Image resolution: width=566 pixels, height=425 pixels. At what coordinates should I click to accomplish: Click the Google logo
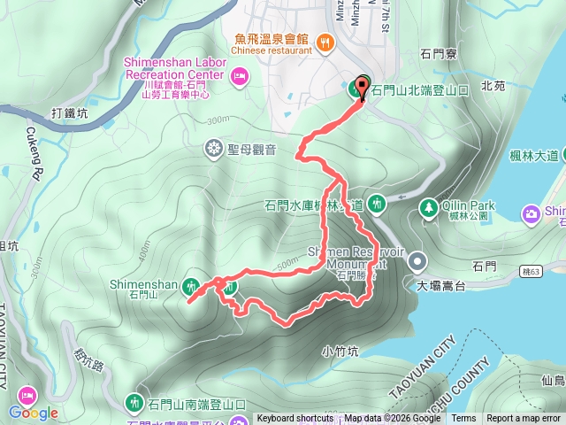[x=34, y=413]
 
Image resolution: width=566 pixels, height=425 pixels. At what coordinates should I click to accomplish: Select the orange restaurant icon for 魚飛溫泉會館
[x=325, y=40]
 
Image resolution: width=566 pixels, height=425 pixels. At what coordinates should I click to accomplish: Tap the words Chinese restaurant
[x=272, y=50]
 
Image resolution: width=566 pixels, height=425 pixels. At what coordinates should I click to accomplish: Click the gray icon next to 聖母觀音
[x=213, y=147]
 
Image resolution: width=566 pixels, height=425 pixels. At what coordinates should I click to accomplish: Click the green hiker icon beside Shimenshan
[x=190, y=285]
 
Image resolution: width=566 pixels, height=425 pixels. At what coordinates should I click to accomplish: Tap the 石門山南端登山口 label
[x=196, y=404]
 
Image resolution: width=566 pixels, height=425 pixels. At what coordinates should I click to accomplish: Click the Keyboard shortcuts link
[x=296, y=419]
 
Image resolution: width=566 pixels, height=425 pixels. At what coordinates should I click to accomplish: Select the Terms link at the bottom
[x=463, y=419]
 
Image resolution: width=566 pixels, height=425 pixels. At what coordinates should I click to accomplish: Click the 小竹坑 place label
[x=340, y=351]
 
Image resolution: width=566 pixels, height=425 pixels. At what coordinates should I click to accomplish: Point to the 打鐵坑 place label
[x=71, y=112]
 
